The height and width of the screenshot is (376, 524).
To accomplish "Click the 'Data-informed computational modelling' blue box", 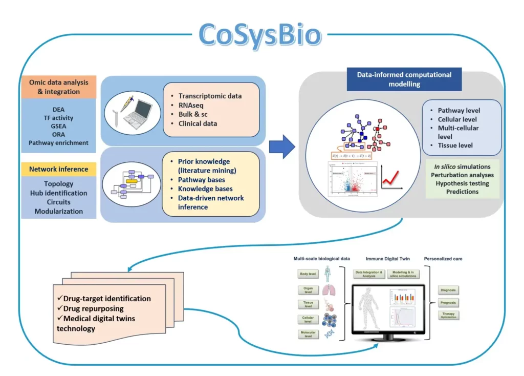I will (404, 79).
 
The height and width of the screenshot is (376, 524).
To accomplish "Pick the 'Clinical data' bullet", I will (198, 123).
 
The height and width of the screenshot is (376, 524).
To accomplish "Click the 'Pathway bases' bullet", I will (201, 180).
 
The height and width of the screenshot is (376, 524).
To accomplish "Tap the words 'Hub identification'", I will (58, 193).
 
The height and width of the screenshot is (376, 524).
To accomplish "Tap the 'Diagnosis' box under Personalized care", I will (448, 290).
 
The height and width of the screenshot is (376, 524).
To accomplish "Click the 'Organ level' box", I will (308, 290).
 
